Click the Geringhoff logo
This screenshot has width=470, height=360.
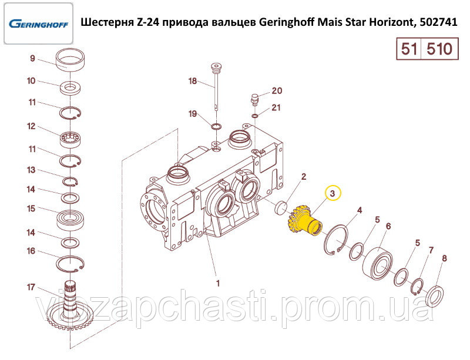[38, 23]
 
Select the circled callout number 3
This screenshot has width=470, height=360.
[333, 193]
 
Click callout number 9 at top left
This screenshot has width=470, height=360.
[32, 58]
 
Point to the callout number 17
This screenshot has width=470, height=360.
[31, 287]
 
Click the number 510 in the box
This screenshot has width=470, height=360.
[439, 49]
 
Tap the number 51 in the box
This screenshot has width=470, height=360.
[409, 49]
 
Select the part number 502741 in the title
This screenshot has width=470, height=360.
[438, 22]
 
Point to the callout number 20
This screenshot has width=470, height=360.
[277, 90]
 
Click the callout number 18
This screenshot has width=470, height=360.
[193, 81]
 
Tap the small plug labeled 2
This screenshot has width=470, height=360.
[281, 208]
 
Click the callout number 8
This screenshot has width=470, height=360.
[445, 258]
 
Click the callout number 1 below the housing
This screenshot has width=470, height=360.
[218, 283]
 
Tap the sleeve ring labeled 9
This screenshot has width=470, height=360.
[70, 59]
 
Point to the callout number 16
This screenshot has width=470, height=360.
[31, 251]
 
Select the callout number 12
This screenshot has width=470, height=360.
[31, 126]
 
